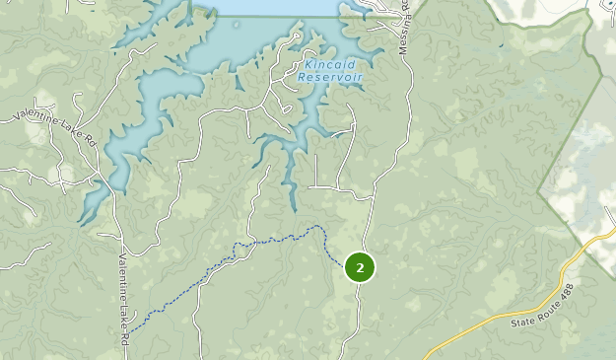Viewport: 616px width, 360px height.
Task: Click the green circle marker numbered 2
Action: coord(360,266)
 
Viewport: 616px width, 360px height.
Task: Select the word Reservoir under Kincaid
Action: coord(330,77)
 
